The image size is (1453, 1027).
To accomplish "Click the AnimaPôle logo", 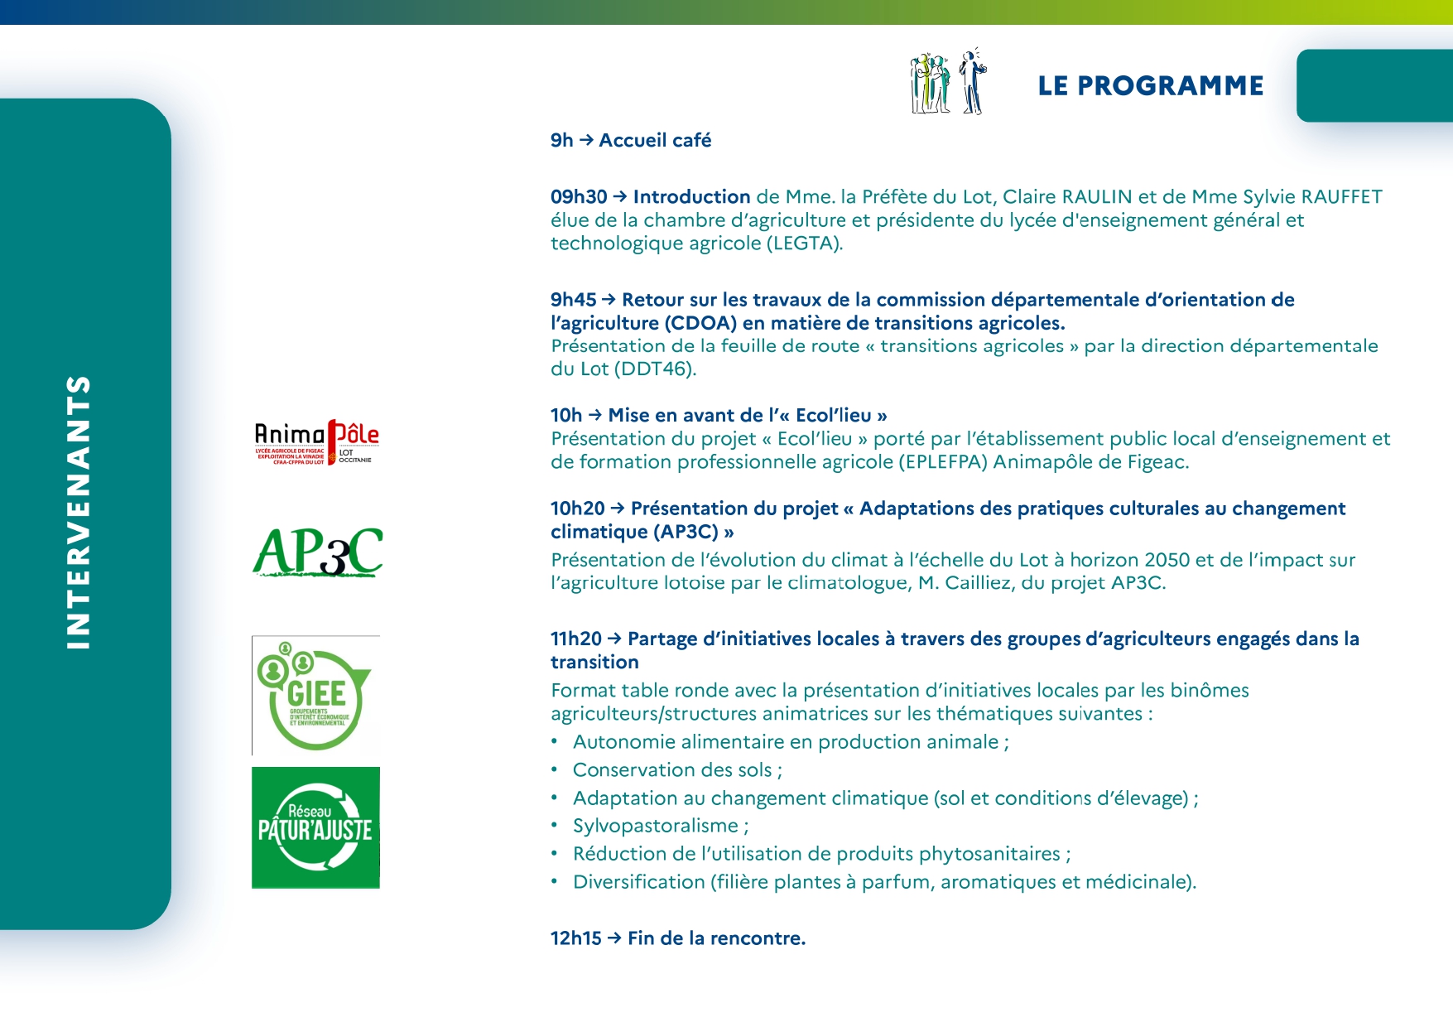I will tap(316, 442).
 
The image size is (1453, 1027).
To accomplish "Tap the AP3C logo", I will tap(317, 552).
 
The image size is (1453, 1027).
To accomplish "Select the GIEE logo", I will tap(315, 696).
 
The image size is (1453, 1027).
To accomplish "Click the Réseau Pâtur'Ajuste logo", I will tap(315, 827).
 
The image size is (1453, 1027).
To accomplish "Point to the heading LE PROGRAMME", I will tap(1151, 85).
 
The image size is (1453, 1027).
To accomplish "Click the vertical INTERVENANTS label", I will tap(79, 513).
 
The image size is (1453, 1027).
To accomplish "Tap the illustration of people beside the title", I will tap(948, 82).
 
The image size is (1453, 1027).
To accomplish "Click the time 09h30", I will tap(579, 197).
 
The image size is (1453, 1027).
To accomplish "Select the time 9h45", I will tap(574, 300).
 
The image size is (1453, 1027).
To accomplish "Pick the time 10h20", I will tap(578, 509).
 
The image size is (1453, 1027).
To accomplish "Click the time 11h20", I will tap(576, 639).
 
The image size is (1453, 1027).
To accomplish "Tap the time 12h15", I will tap(576, 938).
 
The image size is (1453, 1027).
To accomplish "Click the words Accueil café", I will tap(655, 141).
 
